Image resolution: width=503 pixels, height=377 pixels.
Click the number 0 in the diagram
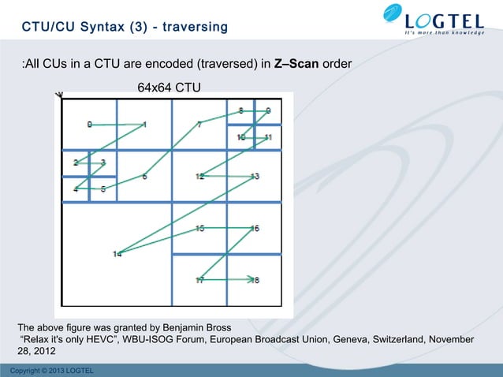89,124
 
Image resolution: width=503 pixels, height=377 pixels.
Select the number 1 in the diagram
144,124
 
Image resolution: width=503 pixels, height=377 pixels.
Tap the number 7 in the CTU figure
199,124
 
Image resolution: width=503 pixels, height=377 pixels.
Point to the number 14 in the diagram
117,253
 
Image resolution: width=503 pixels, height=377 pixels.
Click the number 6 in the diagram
144,176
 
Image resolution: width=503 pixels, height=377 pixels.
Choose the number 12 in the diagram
200,176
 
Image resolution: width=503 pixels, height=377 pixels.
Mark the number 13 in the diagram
255,176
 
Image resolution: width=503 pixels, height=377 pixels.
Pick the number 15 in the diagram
200,228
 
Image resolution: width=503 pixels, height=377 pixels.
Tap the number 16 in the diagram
255,228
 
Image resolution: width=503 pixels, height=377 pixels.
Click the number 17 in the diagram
200,280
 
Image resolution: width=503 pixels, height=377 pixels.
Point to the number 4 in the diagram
76,189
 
